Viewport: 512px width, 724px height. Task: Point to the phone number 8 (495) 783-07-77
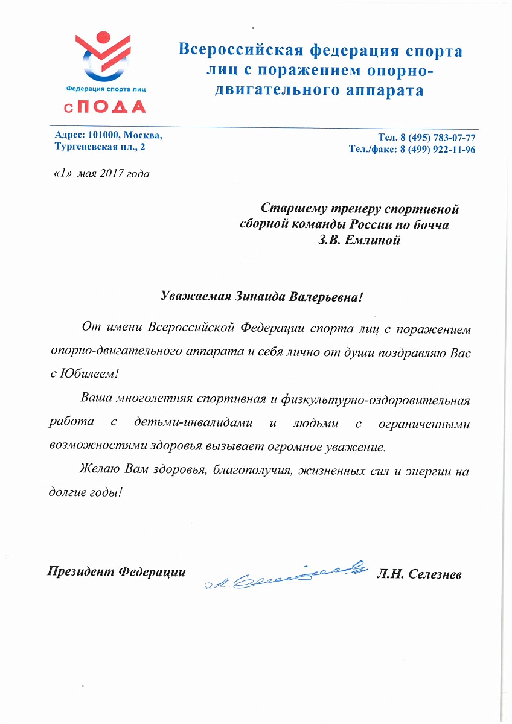tap(436, 138)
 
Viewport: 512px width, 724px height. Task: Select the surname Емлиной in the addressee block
tap(374, 240)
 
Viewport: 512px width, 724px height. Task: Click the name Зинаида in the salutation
tap(258, 297)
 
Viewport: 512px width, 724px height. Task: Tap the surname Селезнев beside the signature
tap(435, 573)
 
